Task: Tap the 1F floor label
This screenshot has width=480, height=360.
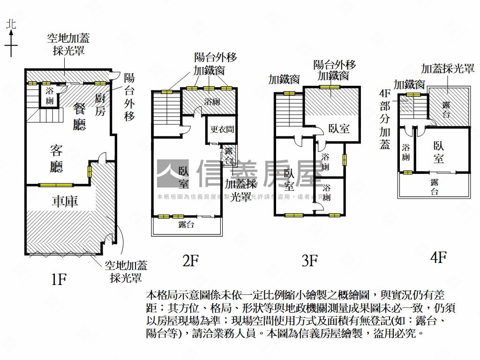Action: click(59, 279)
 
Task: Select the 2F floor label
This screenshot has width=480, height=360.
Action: click(191, 260)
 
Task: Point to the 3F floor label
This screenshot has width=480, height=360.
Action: click(310, 260)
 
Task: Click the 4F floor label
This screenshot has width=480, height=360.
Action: click(438, 257)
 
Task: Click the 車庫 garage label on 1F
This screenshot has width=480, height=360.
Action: click(65, 202)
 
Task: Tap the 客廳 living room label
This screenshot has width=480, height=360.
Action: click(56, 158)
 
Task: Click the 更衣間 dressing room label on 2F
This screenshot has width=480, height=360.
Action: click(222, 129)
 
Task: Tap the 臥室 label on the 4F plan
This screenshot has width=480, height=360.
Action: click(438, 152)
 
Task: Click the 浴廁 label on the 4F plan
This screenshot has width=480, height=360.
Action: click(405, 152)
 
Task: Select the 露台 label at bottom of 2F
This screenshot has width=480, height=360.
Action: click(186, 225)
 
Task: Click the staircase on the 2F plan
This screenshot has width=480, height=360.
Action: click(166, 108)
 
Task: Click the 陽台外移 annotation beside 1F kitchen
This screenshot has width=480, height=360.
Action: click(129, 97)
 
